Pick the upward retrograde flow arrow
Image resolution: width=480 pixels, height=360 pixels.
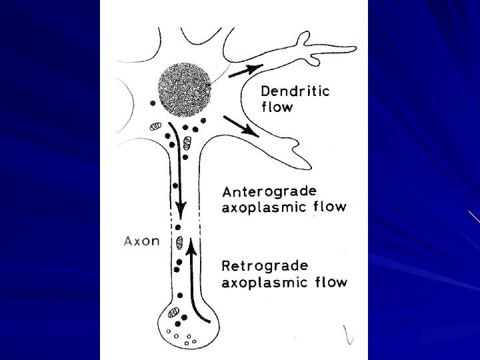click(x=191, y=280)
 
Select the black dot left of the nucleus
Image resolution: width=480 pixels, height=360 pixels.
click(x=154, y=104)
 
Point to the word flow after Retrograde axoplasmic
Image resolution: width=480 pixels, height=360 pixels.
click(x=332, y=282)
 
